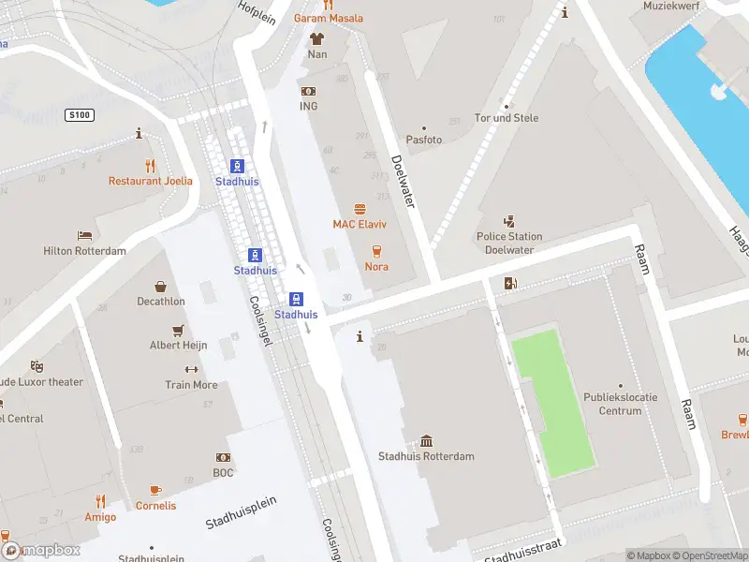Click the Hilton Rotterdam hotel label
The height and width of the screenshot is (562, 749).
[x=84, y=251]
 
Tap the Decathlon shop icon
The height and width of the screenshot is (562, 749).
[x=160, y=287]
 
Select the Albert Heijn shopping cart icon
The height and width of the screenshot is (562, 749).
[x=178, y=331]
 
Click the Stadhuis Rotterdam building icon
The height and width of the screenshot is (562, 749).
[x=426, y=441]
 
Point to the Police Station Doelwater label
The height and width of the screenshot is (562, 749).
[x=509, y=243]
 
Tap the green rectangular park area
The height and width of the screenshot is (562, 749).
[x=552, y=403]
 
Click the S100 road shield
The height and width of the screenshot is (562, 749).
[x=79, y=114]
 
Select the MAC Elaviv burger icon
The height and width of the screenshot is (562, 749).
[x=360, y=210]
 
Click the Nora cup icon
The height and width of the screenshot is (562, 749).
[x=376, y=251]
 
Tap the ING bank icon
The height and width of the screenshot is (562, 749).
[x=308, y=91]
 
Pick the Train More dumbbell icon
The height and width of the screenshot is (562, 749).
[x=191, y=370]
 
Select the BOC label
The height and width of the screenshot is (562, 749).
[x=223, y=472]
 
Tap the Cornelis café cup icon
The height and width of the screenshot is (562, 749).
[x=155, y=491]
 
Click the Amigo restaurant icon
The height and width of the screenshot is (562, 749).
[x=100, y=502]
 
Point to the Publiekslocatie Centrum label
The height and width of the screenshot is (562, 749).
[x=620, y=404]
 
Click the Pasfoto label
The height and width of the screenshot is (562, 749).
[x=423, y=139]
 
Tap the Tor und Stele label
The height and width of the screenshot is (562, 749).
[x=507, y=118]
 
